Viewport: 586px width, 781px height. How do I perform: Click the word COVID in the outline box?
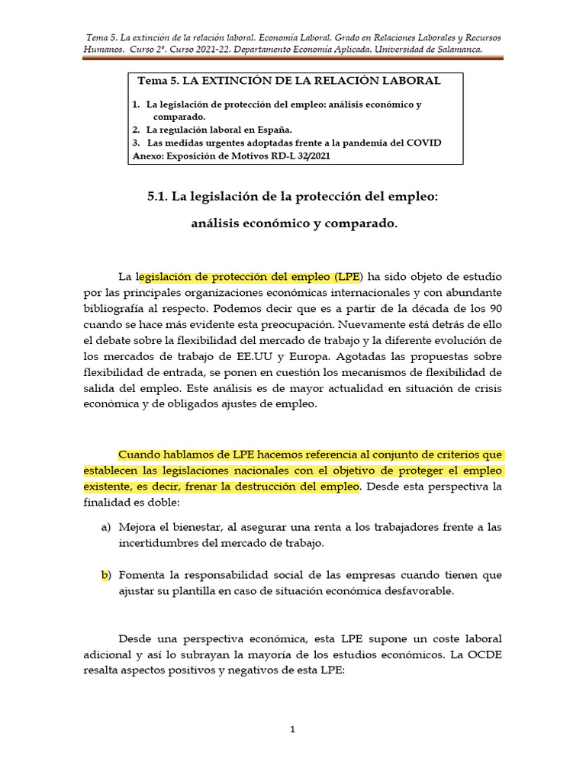[x=424, y=143]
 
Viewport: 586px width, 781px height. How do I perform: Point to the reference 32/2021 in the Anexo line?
[x=312, y=156]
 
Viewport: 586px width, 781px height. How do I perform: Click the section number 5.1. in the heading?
[x=157, y=197]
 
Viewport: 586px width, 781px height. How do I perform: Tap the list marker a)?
[x=106, y=528]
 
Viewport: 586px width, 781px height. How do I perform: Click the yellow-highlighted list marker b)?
[x=106, y=575]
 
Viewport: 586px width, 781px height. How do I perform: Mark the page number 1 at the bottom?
[x=292, y=730]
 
